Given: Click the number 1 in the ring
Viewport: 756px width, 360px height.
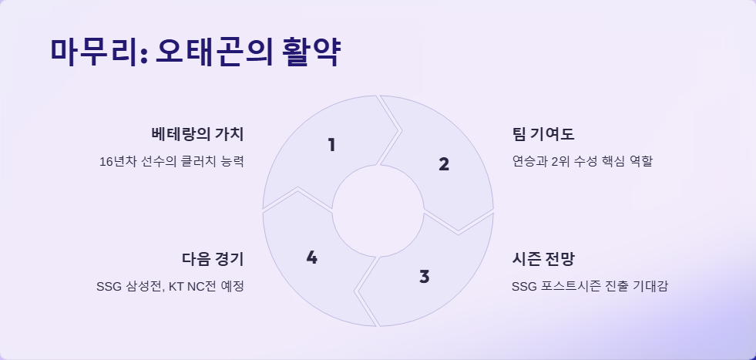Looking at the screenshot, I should point(331,144).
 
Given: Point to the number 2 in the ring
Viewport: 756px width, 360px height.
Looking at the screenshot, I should point(443,163).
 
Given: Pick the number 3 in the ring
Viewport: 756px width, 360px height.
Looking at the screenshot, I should point(424,276).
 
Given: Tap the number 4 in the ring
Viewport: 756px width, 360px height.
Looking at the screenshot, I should point(311,257).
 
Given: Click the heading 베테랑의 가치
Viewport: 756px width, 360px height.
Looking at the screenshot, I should point(198,133).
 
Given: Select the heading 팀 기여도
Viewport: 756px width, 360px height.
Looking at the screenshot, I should point(538,133).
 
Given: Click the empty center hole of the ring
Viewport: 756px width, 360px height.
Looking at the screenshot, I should point(378,210).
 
